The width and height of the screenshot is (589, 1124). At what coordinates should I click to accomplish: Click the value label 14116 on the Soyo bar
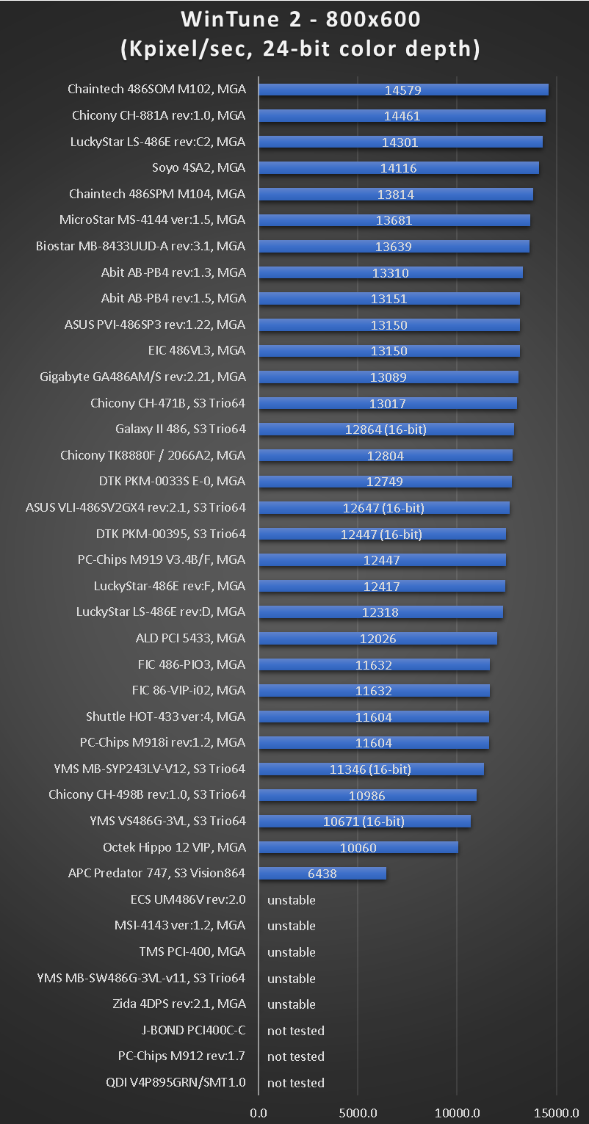point(398,168)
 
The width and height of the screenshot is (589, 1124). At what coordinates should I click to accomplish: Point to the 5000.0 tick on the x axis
point(358,1112)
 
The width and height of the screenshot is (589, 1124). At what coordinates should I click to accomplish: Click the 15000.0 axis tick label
point(556,1112)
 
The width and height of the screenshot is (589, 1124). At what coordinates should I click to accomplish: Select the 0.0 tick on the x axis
point(259,1112)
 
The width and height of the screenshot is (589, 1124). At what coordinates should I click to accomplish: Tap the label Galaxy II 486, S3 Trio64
point(181,429)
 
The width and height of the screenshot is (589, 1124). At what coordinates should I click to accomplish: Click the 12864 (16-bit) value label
point(386,429)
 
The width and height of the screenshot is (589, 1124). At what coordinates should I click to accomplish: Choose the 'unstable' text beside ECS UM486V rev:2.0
point(292,900)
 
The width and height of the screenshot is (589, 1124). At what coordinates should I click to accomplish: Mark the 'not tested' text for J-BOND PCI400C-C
point(296,1031)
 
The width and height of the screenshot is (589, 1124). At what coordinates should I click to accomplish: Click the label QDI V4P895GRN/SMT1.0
point(176,1082)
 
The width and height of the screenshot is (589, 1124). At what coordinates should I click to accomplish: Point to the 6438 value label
point(322,874)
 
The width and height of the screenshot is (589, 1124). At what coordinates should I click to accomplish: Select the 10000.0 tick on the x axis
point(457,1112)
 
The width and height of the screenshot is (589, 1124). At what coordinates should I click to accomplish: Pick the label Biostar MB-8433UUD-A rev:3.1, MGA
point(141,246)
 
